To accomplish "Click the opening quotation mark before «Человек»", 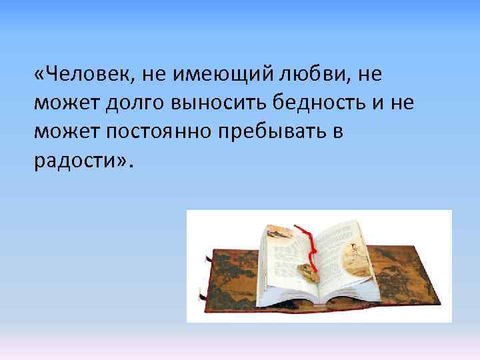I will pyautogui.click(x=39, y=75).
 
